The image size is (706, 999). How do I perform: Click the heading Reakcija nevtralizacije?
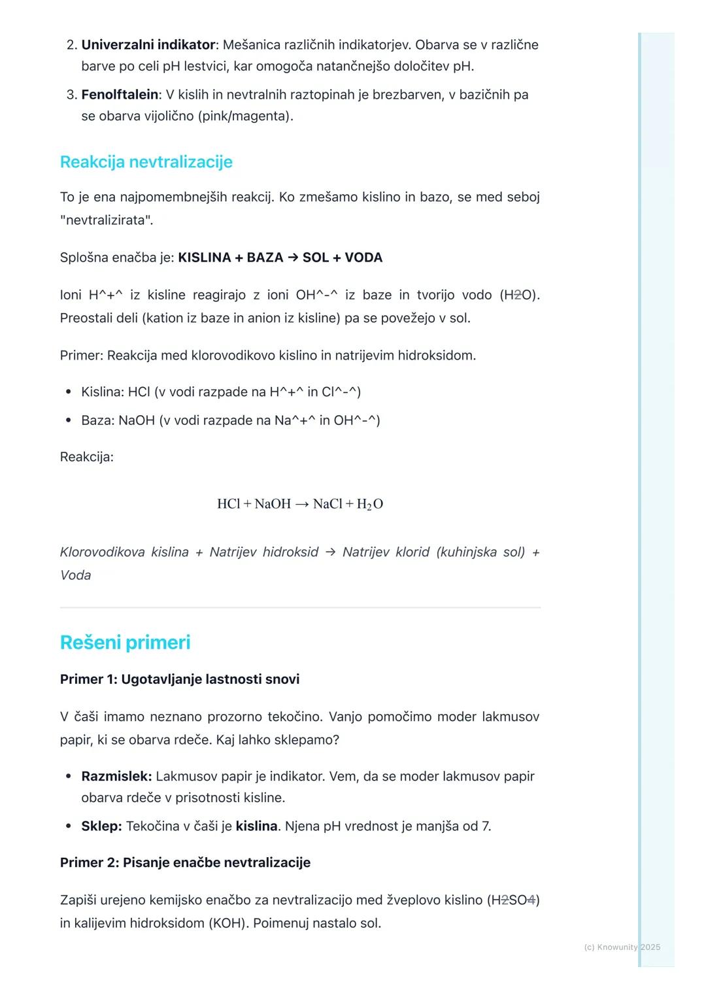coord(146,162)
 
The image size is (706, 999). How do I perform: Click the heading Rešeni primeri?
coord(125,642)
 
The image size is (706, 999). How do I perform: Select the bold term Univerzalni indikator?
coord(148,45)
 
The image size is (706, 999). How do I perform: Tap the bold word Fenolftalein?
coord(120,95)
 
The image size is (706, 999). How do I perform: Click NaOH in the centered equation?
coord(273,504)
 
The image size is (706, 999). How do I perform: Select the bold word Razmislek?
coord(116,777)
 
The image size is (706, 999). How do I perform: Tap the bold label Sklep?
coord(101,826)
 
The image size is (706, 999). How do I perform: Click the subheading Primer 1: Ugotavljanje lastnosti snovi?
coord(180,679)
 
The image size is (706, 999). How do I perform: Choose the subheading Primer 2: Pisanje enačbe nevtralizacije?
coord(185,863)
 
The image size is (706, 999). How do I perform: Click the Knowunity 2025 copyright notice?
coord(622,947)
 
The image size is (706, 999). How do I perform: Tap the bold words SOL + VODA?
coord(343,258)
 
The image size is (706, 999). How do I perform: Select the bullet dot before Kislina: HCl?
coord(69,392)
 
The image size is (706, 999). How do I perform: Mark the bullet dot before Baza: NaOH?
coord(69,420)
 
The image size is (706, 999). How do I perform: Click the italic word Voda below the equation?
coord(75,575)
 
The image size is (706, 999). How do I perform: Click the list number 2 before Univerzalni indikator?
coord(71,45)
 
